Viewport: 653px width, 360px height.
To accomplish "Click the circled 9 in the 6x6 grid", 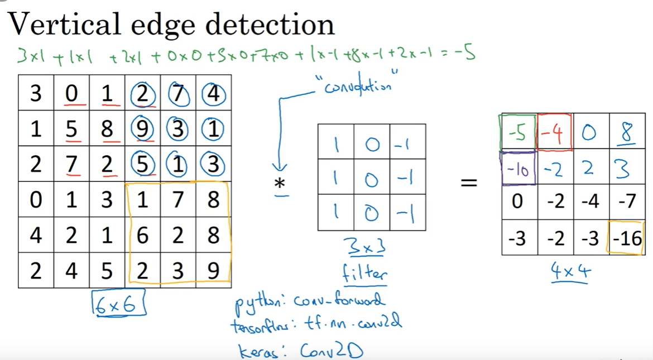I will tap(142, 129).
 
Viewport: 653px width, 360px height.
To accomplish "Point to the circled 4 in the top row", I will tap(214, 93).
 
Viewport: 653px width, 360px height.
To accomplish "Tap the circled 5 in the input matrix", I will tap(142, 165).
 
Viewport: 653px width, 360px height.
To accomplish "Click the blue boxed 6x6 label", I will tap(118, 304).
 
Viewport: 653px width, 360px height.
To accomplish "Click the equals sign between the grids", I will tap(468, 183).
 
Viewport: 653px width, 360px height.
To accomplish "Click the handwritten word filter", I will tap(365, 273).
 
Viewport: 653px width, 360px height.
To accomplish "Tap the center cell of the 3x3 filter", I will tap(372, 178).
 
